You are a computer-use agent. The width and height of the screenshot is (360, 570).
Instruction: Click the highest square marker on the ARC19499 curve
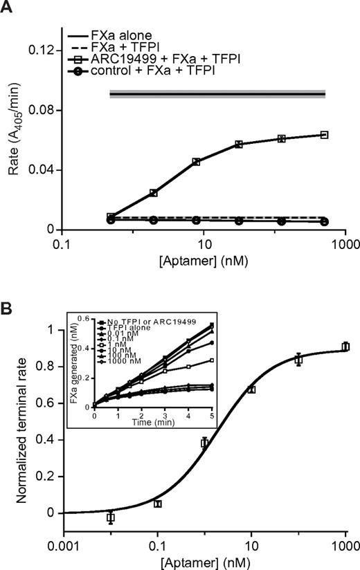tap(324, 134)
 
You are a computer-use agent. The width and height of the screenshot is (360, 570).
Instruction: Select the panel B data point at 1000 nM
tap(345, 347)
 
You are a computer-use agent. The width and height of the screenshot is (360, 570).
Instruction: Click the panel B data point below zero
tap(110, 517)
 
